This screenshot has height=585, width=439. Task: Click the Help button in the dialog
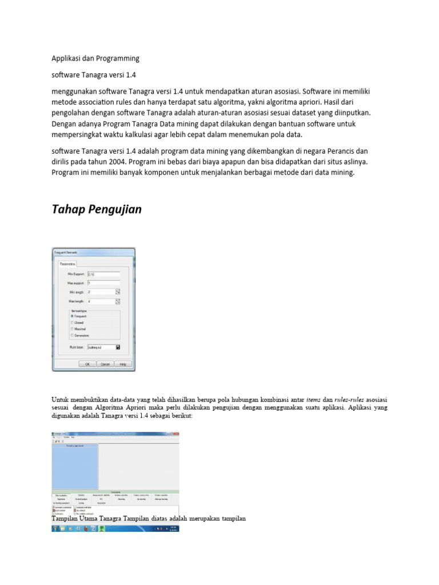(x=122, y=364)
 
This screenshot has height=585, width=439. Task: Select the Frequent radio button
(x=72, y=315)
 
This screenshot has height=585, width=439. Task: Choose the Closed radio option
(x=72, y=322)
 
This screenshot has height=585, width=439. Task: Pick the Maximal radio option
(x=72, y=329)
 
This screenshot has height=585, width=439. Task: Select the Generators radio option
(x=72, y=335)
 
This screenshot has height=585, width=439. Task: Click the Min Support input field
(x=103, y=274)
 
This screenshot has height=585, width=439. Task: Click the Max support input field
(x=103, y=283)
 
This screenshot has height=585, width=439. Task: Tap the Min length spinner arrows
(x=118, y=292)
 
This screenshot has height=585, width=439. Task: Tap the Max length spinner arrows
(x=118, y=301)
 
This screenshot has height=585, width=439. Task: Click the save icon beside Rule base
(x=118, y=347)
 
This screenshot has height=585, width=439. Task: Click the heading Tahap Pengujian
(x=97, y=210)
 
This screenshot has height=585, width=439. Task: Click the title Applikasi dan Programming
(x=95, y=58)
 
